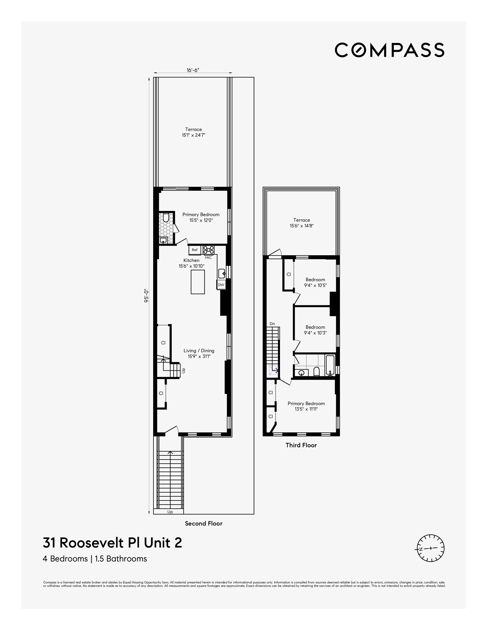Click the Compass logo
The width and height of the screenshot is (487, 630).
coord(389,50)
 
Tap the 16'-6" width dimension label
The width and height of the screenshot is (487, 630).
coord(193,70)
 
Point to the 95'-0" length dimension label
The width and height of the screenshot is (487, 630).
coord(146,296)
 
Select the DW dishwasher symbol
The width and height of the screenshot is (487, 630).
coord(221,285)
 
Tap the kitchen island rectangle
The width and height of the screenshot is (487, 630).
coord(198,282)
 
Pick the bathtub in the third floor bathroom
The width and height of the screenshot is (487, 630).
coord(330,365)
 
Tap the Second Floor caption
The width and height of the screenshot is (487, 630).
coord(204,523)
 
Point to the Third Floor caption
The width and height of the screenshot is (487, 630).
coord(301,445)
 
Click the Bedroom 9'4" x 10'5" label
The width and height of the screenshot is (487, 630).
coord(315,282)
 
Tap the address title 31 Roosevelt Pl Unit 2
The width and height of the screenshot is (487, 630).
coord(112,543)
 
